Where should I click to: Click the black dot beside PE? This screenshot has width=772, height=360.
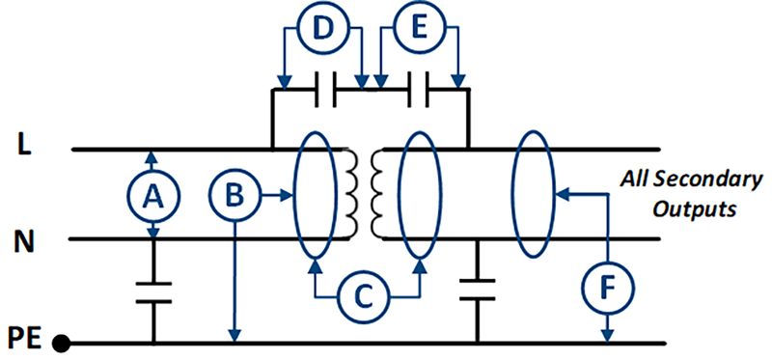pos(61,343)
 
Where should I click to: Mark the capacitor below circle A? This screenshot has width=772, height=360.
pos(152,291)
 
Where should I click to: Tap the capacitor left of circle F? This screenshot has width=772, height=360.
pos(477,291)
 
